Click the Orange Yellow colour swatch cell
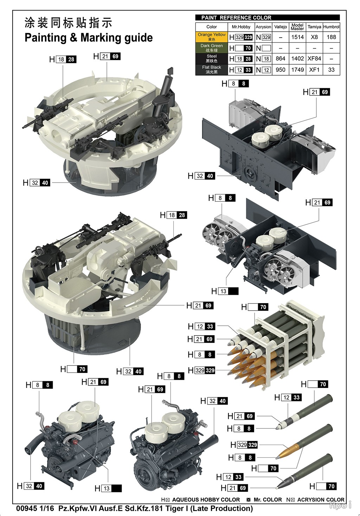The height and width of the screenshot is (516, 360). click(x=212, y=37)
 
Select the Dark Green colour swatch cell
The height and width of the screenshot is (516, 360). click(x=212, y=48)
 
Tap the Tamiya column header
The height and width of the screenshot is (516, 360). click(x=314, y=27)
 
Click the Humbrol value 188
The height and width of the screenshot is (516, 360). click(x=331, y=37)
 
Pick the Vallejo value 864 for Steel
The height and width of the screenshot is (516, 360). click(x=280, y=58)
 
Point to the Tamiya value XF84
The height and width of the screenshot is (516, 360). click(x=314, y=58)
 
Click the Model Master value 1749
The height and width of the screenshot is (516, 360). click(x=297, y=70)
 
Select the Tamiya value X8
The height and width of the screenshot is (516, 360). click(x=314, y=37)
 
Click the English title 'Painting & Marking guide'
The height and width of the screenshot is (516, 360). click(x=89, y=38)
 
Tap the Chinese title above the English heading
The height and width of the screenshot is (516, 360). click(x=68, y=23)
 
